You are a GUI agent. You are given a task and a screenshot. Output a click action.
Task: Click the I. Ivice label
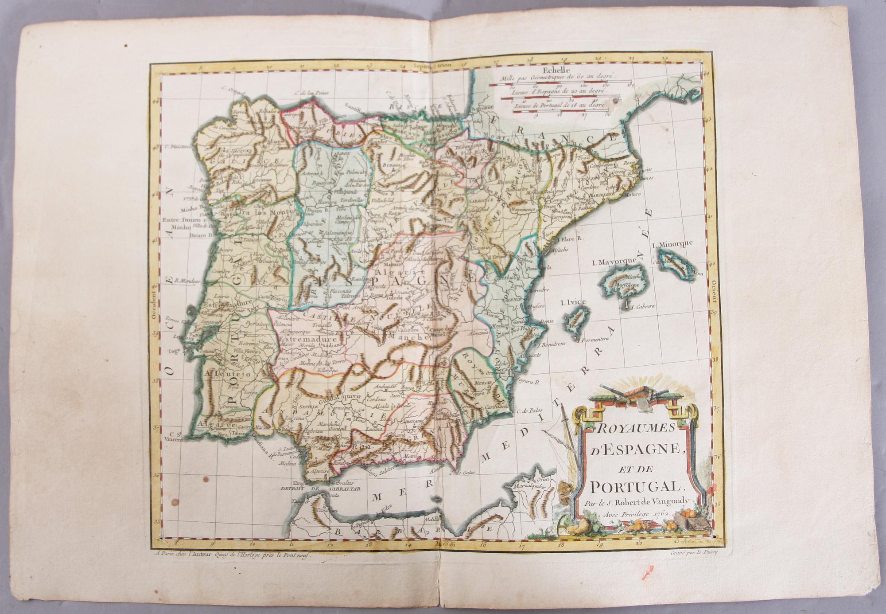pyautogui.click(x=573, y=302)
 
